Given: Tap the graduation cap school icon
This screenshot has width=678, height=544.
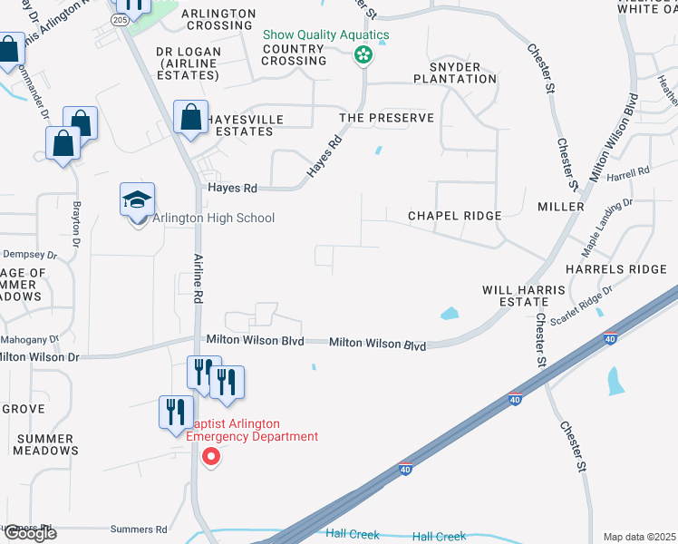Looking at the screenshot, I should (138, 200).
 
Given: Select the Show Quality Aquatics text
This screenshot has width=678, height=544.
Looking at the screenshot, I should (325, 35).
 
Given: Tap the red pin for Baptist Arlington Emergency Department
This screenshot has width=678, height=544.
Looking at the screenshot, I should (210, 456).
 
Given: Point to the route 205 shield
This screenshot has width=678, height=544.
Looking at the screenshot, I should (121, 19).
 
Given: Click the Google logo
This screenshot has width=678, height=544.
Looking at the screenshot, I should (29, 533).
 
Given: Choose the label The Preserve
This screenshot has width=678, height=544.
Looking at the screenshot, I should (386, 119).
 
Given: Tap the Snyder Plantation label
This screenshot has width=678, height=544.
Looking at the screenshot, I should (454, 73).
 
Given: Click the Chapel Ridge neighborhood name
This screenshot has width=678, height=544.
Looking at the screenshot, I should (454, 216).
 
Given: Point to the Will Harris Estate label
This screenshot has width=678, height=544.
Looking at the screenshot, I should (523, 296).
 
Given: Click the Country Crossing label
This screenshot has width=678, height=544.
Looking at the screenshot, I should (293, 54).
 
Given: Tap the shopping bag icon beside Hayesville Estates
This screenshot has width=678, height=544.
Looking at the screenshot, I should (191, 118).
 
